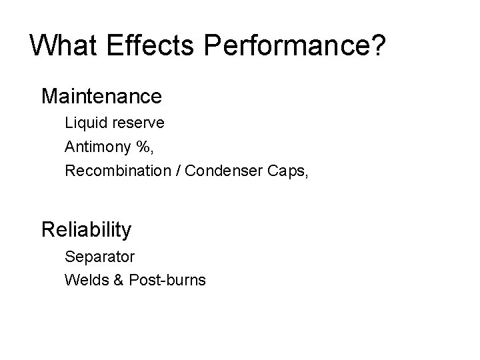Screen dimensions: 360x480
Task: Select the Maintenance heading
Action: [101, 96]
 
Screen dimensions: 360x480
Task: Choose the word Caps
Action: [284, 171]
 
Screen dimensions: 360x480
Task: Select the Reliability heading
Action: [87, 230]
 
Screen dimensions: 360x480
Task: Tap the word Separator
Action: [99, 256]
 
